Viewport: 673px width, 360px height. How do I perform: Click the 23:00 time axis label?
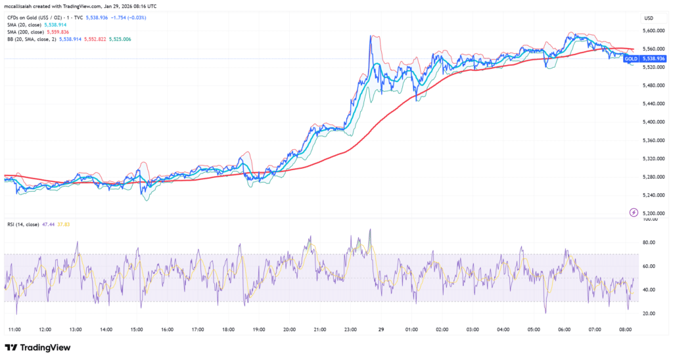(350, 330)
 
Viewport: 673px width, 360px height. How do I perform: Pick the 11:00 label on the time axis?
(14, 330)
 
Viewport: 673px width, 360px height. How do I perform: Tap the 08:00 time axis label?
(626, 330)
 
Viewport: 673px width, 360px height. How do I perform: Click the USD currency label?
(648, 18)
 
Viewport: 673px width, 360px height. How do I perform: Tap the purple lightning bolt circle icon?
(634, 212)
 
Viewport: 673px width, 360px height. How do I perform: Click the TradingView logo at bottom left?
(37, 348)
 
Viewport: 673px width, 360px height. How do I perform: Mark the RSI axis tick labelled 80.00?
(649, 243)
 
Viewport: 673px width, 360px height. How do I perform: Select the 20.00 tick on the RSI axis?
(649, 313)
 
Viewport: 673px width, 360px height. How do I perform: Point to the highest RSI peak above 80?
(371, 230)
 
